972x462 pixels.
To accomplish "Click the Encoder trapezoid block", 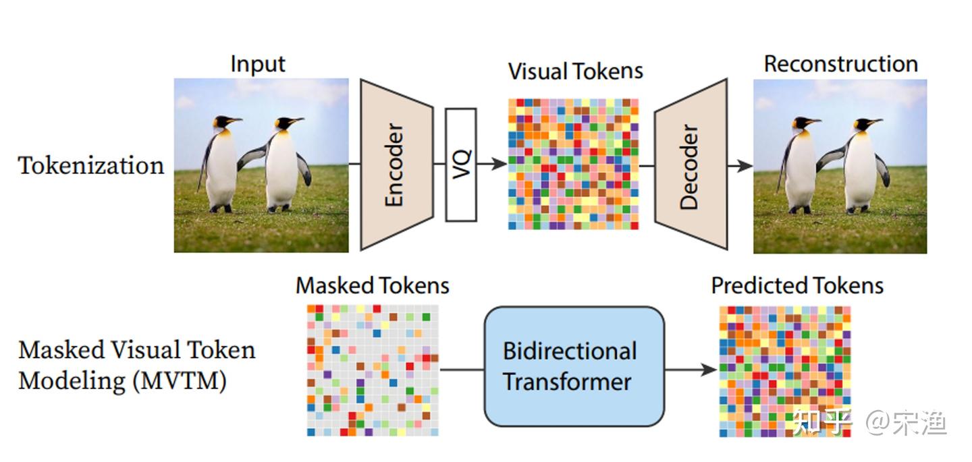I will (396, 165).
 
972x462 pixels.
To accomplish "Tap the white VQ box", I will (461, 165).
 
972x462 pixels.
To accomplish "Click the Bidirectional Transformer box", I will (574, 366).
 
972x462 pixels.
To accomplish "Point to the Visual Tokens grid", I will (573, 164).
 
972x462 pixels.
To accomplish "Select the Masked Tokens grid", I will (373, 369).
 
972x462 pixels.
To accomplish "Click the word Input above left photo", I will (258, 63).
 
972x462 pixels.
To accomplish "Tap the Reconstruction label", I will (840, 64).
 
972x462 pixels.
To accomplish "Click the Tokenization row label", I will (91, 165).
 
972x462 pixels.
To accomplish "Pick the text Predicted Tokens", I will (797, 285).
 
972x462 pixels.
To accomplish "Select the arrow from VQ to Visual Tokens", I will (492, 164).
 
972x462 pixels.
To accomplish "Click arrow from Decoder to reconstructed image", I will (740, 165).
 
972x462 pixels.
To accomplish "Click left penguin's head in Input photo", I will (222, 123).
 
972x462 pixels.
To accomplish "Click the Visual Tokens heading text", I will (575, 71).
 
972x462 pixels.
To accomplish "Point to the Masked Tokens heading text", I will (373, 285).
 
